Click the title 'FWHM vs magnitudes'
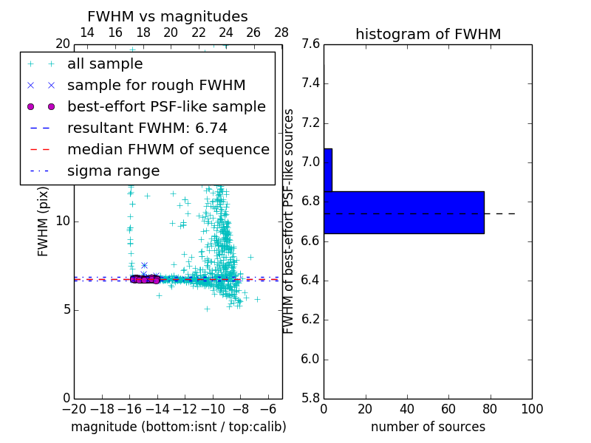tap(168, 16)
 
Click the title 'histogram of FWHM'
tap(428, 34)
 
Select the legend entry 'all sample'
tap(105, 64)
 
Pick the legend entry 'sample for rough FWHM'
tap(156, 86)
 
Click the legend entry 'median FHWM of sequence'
tap(168, 149)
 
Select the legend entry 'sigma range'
tap(113, 171)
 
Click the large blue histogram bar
tap(403, 213)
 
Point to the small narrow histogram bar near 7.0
tap(327, 170)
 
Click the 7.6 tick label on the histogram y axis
tap(310, 44)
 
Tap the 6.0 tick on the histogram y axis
tap(310, 360)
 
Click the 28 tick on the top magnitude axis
tap(281, 32)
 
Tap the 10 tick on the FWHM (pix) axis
tap(62, 221)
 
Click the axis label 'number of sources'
tap(428, 427)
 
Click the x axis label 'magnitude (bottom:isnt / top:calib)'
tap(178, 427)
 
